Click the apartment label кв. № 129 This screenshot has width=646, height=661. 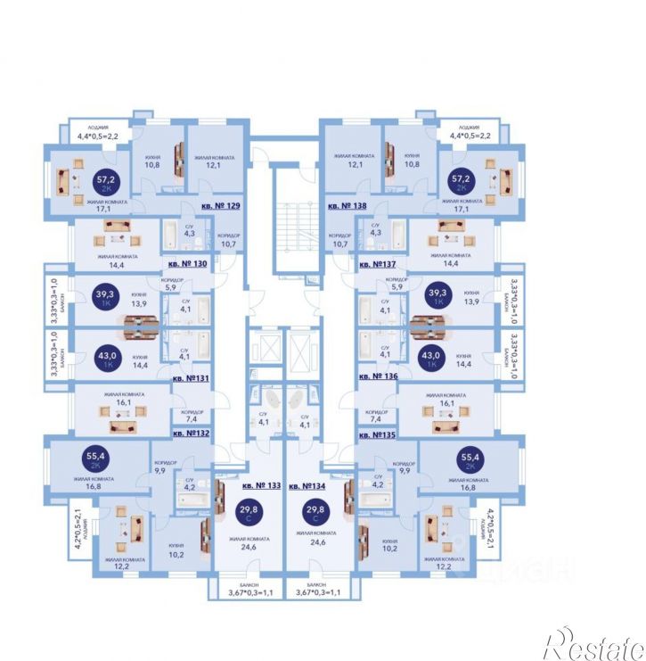point(220,205)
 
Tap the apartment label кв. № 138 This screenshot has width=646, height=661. point(348,205)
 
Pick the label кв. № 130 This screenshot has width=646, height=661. point(187,265)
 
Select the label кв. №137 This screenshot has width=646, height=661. point(378,265)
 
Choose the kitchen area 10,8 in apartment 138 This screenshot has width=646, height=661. point(413,165)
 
